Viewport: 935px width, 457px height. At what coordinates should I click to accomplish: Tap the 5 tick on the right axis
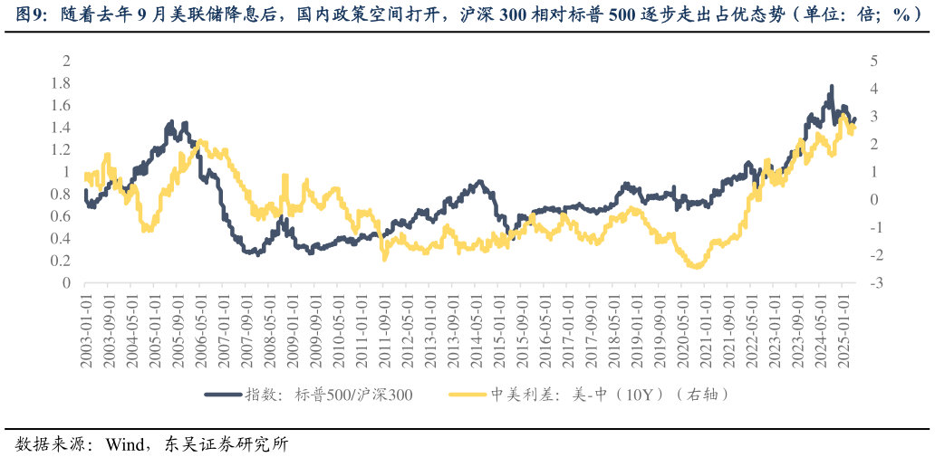pos(874,61)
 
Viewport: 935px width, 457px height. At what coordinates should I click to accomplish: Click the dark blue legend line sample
pos(224,395)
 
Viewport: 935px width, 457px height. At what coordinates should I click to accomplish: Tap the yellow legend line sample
pos(467,395)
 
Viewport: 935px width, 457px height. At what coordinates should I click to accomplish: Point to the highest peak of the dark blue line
pos(832,87)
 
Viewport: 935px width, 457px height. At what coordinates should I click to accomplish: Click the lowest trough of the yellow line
pos(695,266)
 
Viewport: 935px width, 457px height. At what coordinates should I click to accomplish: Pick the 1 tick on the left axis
pos(65,172)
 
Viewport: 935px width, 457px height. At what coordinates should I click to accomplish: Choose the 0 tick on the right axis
pos(874,200)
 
